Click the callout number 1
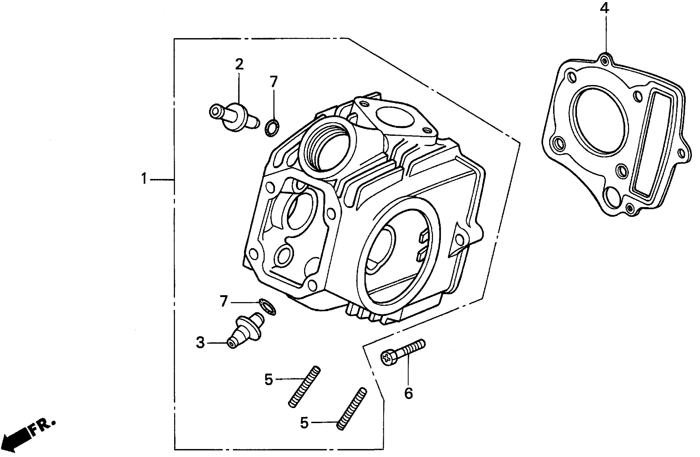(x=144, y=179)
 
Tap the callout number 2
(x=239, y=65)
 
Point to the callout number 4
(x=604, y=8)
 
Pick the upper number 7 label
(x=274, y=81)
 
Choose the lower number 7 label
(x=224, y=302)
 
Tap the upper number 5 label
(x=269, y=380)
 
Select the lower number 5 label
(x=304, y=423)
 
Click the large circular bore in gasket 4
(x=598, y=121)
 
